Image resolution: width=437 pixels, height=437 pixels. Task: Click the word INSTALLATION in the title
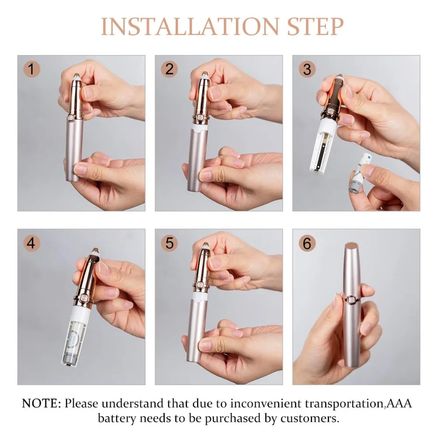tap(190, 27)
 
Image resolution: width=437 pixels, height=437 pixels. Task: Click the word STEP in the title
tap(315, 27)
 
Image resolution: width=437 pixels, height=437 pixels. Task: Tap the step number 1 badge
tap(31, 69)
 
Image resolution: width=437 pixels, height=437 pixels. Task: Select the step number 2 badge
tap(169, 69)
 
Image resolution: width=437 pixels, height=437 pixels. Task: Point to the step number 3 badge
tap(307, 69)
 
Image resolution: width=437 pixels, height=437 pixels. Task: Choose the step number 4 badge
tap(31, 243)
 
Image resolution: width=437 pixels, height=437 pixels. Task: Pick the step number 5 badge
tap(169, 243)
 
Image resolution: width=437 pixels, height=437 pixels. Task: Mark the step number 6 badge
tap(307, 243)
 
